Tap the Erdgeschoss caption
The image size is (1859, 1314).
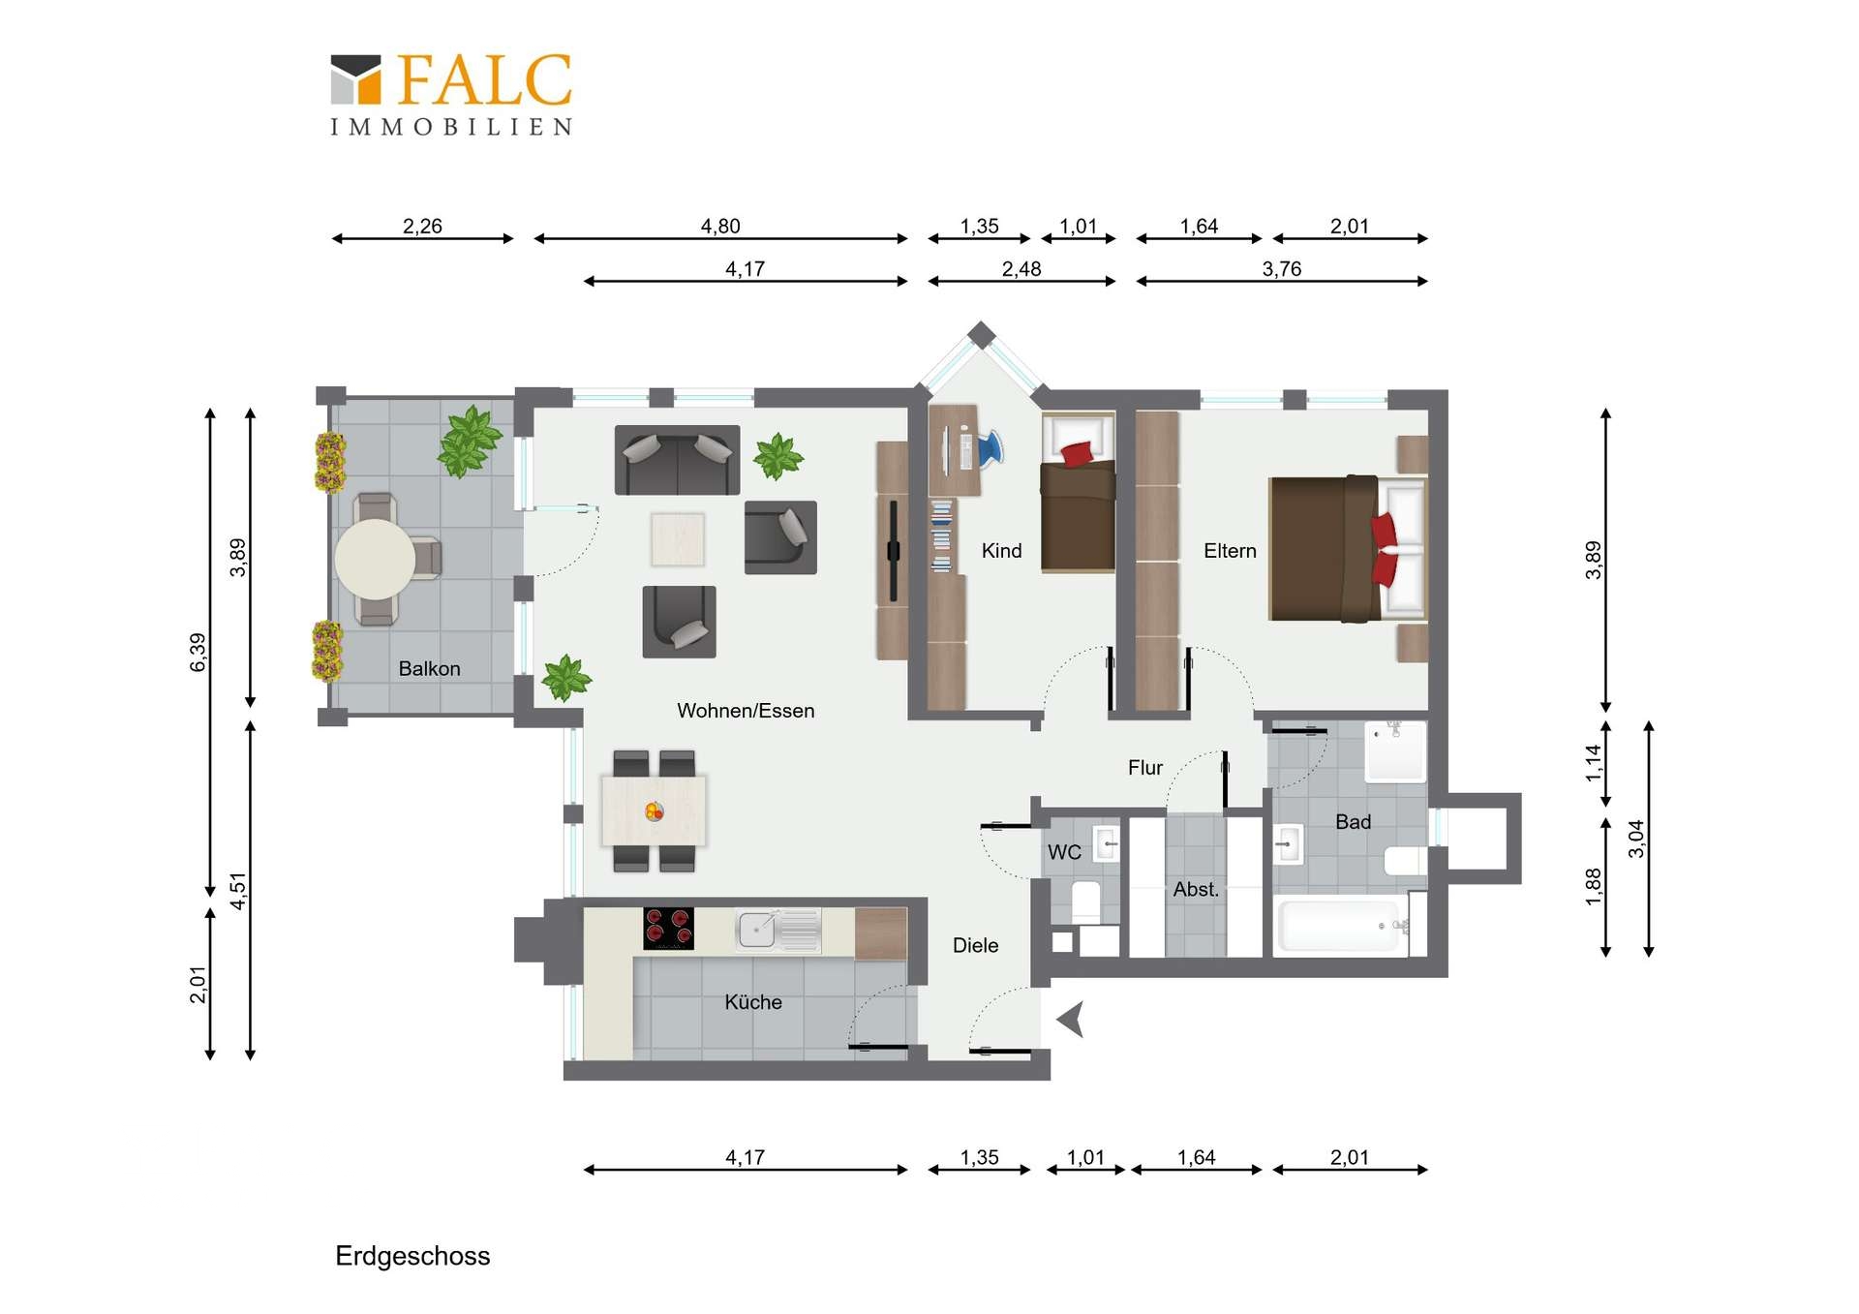pos(412,1256)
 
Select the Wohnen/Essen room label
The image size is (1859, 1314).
pos(746,711)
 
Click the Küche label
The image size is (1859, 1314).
pos(753,1002)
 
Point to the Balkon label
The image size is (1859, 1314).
pos(429,668)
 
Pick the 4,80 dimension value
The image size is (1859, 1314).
pos(720,226)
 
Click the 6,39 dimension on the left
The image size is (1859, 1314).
pos(198,652)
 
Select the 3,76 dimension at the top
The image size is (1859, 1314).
pos(1282,268)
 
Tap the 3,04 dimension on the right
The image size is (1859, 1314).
pos(1636,839)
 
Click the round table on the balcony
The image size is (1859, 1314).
pos(375,559)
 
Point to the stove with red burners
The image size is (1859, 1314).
pos(669,929)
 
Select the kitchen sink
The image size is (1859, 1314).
pos(777,931)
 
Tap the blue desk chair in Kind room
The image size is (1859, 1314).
pos(990,448)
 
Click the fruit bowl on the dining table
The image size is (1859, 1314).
pos(655,811)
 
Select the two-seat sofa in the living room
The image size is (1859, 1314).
pos(678,460)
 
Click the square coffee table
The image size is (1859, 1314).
pos(678,538)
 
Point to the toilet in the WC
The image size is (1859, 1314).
pos(1085,902)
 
